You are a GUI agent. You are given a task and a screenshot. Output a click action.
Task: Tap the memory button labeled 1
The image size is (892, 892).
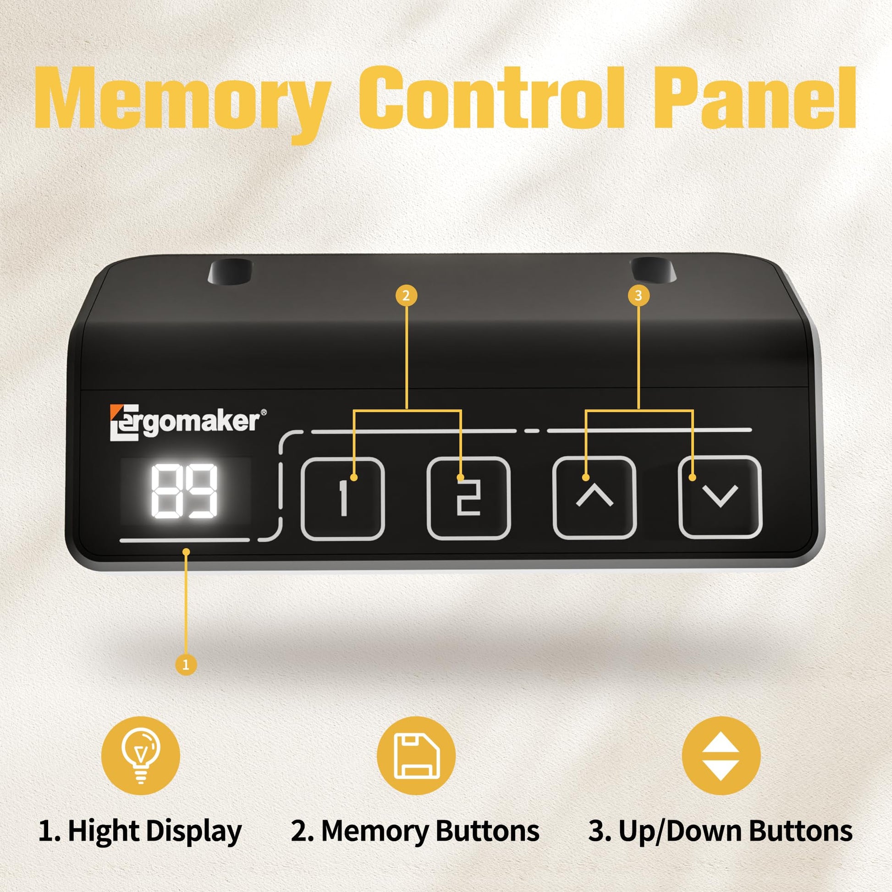(x=342, y=499)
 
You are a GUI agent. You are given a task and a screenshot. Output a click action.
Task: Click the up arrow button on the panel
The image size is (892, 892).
(x=595, y=498)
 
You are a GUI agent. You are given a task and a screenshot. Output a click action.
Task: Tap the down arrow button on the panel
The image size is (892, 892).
(x=720, y=497)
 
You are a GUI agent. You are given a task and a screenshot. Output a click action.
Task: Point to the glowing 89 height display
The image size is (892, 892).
(x=185, y=491)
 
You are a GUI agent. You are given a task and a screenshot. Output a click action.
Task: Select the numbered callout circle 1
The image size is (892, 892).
(x=186, y=665)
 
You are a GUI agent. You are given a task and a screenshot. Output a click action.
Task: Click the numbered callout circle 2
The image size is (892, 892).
(x=406, y=295)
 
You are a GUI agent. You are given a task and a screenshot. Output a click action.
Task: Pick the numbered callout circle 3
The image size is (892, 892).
(x=639, y=295)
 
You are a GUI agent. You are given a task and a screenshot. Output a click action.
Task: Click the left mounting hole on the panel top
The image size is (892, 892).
(x=231, y=272)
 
